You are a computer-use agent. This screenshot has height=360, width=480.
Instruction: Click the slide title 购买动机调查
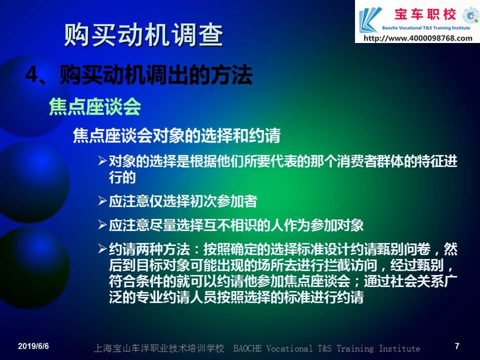pos(143,35)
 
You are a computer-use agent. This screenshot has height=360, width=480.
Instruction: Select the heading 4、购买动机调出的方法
pos(138,74)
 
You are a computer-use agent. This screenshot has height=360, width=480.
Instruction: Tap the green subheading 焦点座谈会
pos(95,107)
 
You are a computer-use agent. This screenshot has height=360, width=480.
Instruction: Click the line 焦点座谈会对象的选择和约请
pos(176,135)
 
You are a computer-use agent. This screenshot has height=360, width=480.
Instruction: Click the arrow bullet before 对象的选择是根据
pos(102,160)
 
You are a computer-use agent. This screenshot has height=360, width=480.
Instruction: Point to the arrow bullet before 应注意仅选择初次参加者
pos(102,201)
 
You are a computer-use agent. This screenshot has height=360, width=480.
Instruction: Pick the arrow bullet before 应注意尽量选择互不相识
pos(102,225)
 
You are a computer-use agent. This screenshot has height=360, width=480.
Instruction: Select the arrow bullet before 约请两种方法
pos(102,249)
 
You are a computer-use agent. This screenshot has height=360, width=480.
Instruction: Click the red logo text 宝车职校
pos(425,15)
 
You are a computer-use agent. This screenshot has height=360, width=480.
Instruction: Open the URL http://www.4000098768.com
pos(418,38)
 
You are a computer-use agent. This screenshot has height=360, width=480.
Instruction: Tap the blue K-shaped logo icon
pos(370,20)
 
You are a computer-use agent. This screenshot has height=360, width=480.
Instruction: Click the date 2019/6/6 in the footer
pos(33,346)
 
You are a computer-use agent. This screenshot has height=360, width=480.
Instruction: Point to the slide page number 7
pos(457,346)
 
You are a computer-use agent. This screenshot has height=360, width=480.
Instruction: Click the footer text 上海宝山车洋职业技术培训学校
pos(159,348)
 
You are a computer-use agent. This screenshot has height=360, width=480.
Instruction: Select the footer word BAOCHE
pos(247,348)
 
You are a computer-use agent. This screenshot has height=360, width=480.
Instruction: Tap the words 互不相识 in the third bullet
pos(230,225)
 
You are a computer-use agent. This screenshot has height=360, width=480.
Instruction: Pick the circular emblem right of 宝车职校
pos(470,15)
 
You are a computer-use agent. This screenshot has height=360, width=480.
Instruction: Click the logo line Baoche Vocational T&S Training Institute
pos(426,28)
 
